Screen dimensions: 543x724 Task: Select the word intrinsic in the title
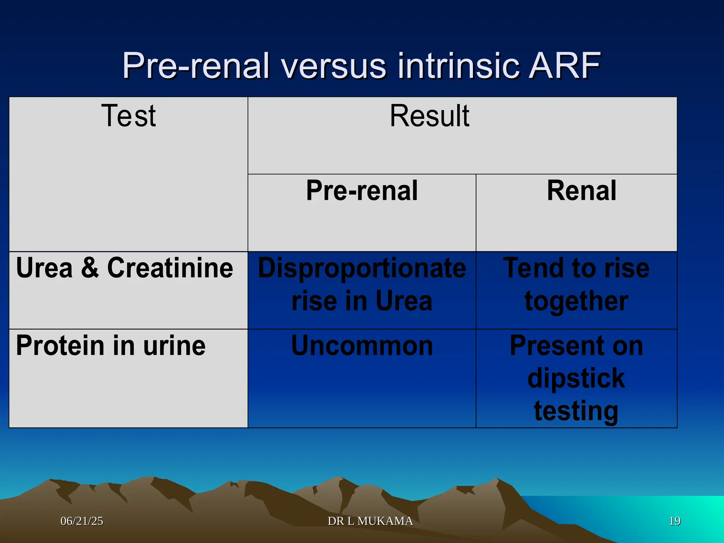459,66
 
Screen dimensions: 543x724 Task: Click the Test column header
128,116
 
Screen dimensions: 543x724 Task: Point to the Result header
429,116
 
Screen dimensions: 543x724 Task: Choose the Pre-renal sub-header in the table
362,191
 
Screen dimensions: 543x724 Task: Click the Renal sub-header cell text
582,191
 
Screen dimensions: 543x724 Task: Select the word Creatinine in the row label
170,268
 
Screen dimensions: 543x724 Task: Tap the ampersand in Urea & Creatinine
90,268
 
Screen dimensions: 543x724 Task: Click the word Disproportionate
362,268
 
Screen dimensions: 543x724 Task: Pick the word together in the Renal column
576,301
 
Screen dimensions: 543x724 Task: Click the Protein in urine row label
111,345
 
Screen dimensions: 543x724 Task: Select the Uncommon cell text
362,345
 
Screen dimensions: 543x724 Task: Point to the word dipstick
576,378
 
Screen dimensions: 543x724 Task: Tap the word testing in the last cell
576,411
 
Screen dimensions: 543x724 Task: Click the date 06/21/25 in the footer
82,521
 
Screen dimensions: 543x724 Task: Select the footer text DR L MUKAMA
370,521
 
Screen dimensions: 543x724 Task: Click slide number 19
675,521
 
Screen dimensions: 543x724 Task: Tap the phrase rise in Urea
362,301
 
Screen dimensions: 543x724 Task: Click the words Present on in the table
576,345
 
